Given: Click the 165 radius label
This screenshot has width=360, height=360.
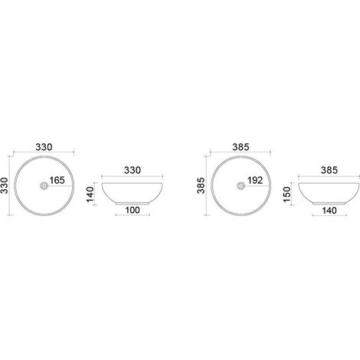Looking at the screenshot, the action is pyautogui.click(x=57, y=180).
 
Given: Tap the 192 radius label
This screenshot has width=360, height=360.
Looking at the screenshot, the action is pyautogui.click(x=255, y=180).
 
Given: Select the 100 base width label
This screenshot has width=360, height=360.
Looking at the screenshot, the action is pyautogui.click(x=133, y=210).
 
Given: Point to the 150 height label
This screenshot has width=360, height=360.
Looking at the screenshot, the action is pyautogui.click(x=287, y=194).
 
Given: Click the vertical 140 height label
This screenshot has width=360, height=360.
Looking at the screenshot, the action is pyautogui.click(x=90, y=195).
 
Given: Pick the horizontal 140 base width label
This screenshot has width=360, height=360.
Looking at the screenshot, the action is pyautogui.click(x=329, y=211).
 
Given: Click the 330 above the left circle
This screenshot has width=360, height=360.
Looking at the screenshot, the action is pyautogui.click(x=44, y=147).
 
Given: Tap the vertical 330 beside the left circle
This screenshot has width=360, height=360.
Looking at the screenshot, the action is pyautogui.click(x=5, y=185).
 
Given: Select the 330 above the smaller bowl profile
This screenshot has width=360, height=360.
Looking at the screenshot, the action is pyautogui.click(x=133, y=170).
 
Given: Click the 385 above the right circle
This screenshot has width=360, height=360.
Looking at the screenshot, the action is pyautogui.click(x=241, y=147).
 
